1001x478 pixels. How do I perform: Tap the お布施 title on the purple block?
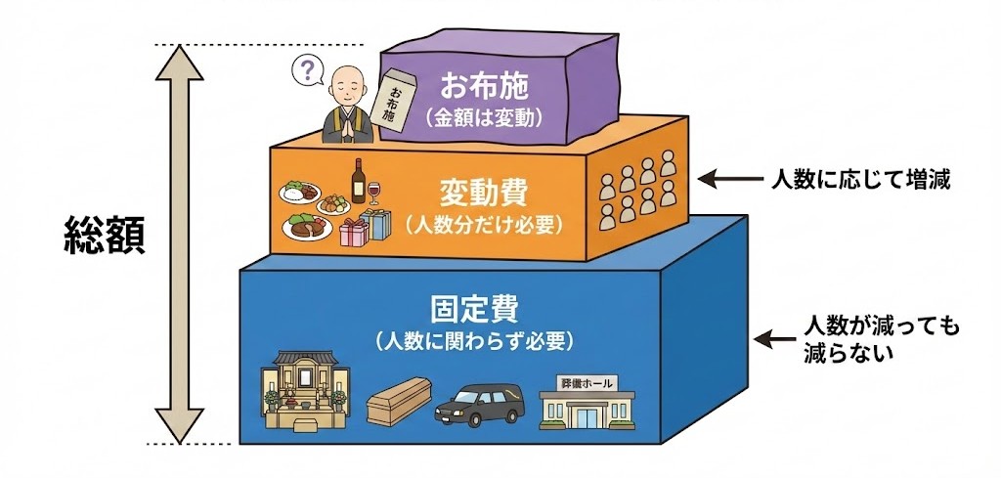pyautogui.click(x=484, y=86)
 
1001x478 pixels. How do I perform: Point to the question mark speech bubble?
pyautogui.click(x=309, y=70)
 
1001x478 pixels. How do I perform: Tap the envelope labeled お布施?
pyautogui.click(x=396, y=101)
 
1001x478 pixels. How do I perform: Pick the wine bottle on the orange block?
pyautogui.click(x=359, y=182)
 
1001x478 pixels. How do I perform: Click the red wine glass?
pyautogui.click(x=377, y=199)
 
